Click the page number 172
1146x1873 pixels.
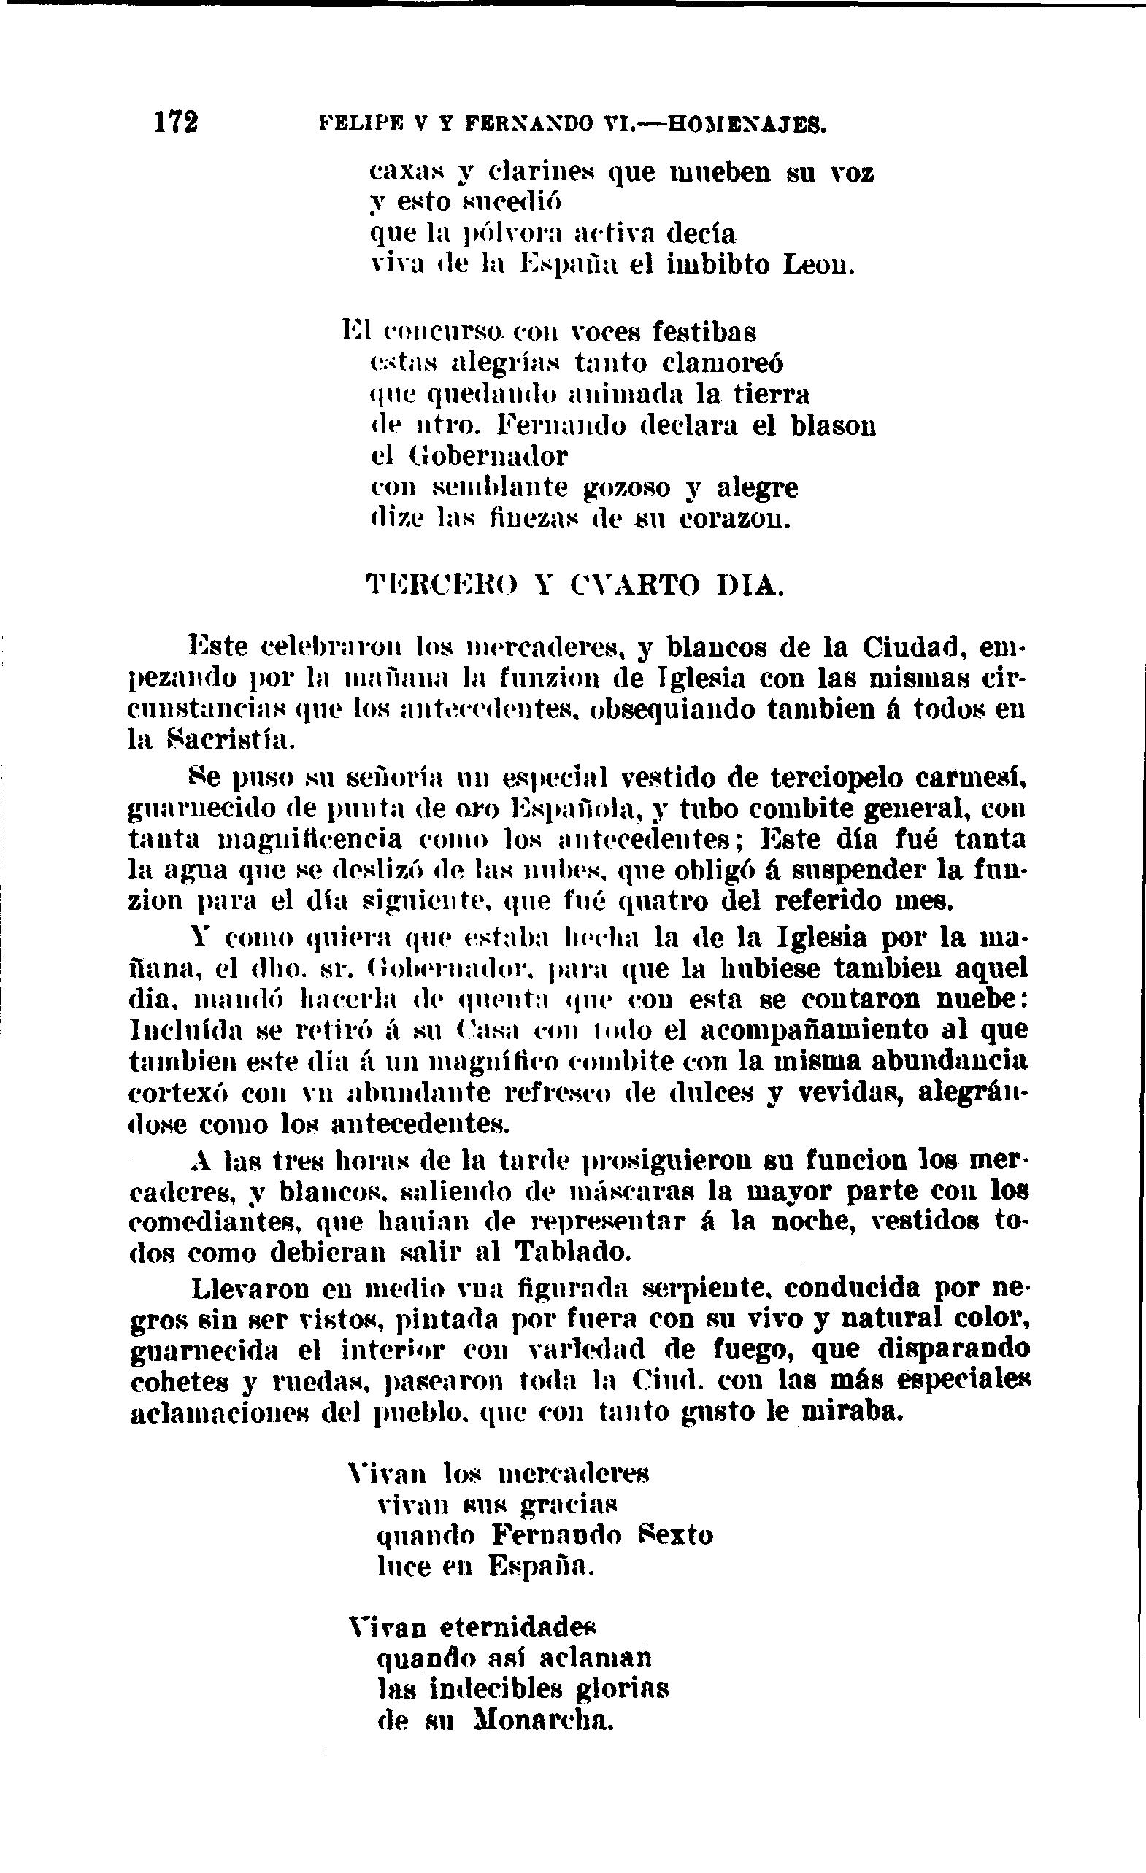[x=176, y=122]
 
